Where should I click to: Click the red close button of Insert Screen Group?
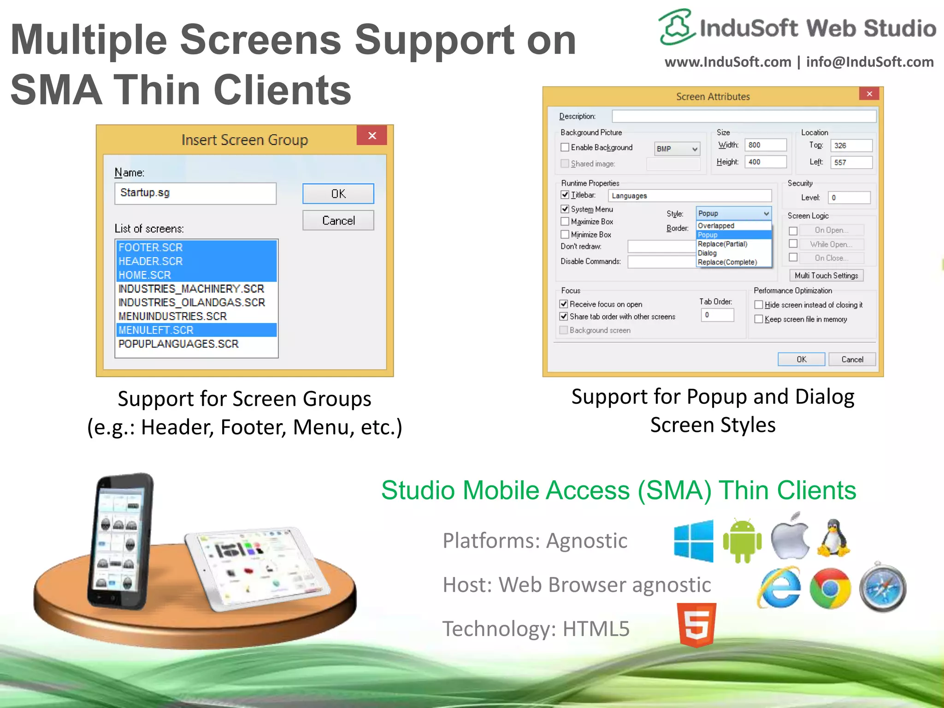point(372,136)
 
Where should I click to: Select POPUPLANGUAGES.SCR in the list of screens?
point(178,344)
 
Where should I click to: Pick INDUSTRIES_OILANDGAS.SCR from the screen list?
point(191,302)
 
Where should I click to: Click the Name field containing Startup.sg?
point(195,194)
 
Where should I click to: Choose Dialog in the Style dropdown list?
point(707,253)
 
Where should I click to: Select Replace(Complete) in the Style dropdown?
point(727,262)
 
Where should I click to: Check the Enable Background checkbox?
point(565,147)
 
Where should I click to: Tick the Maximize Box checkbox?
point(565,222)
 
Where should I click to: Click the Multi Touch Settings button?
point(826,276)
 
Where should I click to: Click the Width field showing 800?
point(766,145)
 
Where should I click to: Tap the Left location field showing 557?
point(851,162)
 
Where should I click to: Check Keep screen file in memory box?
point(759,319)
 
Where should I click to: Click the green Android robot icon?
point(742,540)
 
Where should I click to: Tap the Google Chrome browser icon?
point(830,589)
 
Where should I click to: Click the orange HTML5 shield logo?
point(696,625)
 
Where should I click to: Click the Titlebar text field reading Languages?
point(690,196)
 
